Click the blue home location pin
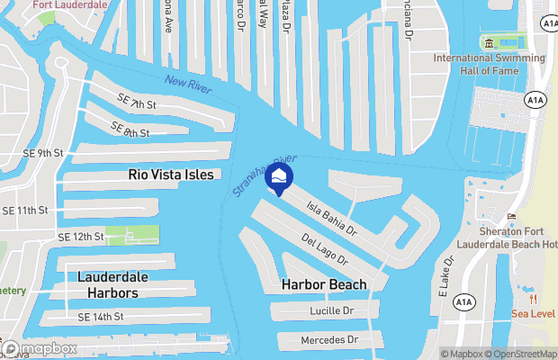(x=280, y=177)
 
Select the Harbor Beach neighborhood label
(x=324, y=284)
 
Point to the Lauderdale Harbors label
(x=107, y=284)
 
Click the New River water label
(x=186, y=87)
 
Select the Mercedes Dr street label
(x=329, y=340)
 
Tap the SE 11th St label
(x=24, y=211)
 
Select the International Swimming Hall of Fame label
(x=490, y=65)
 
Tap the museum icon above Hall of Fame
(x=489, y=42)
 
